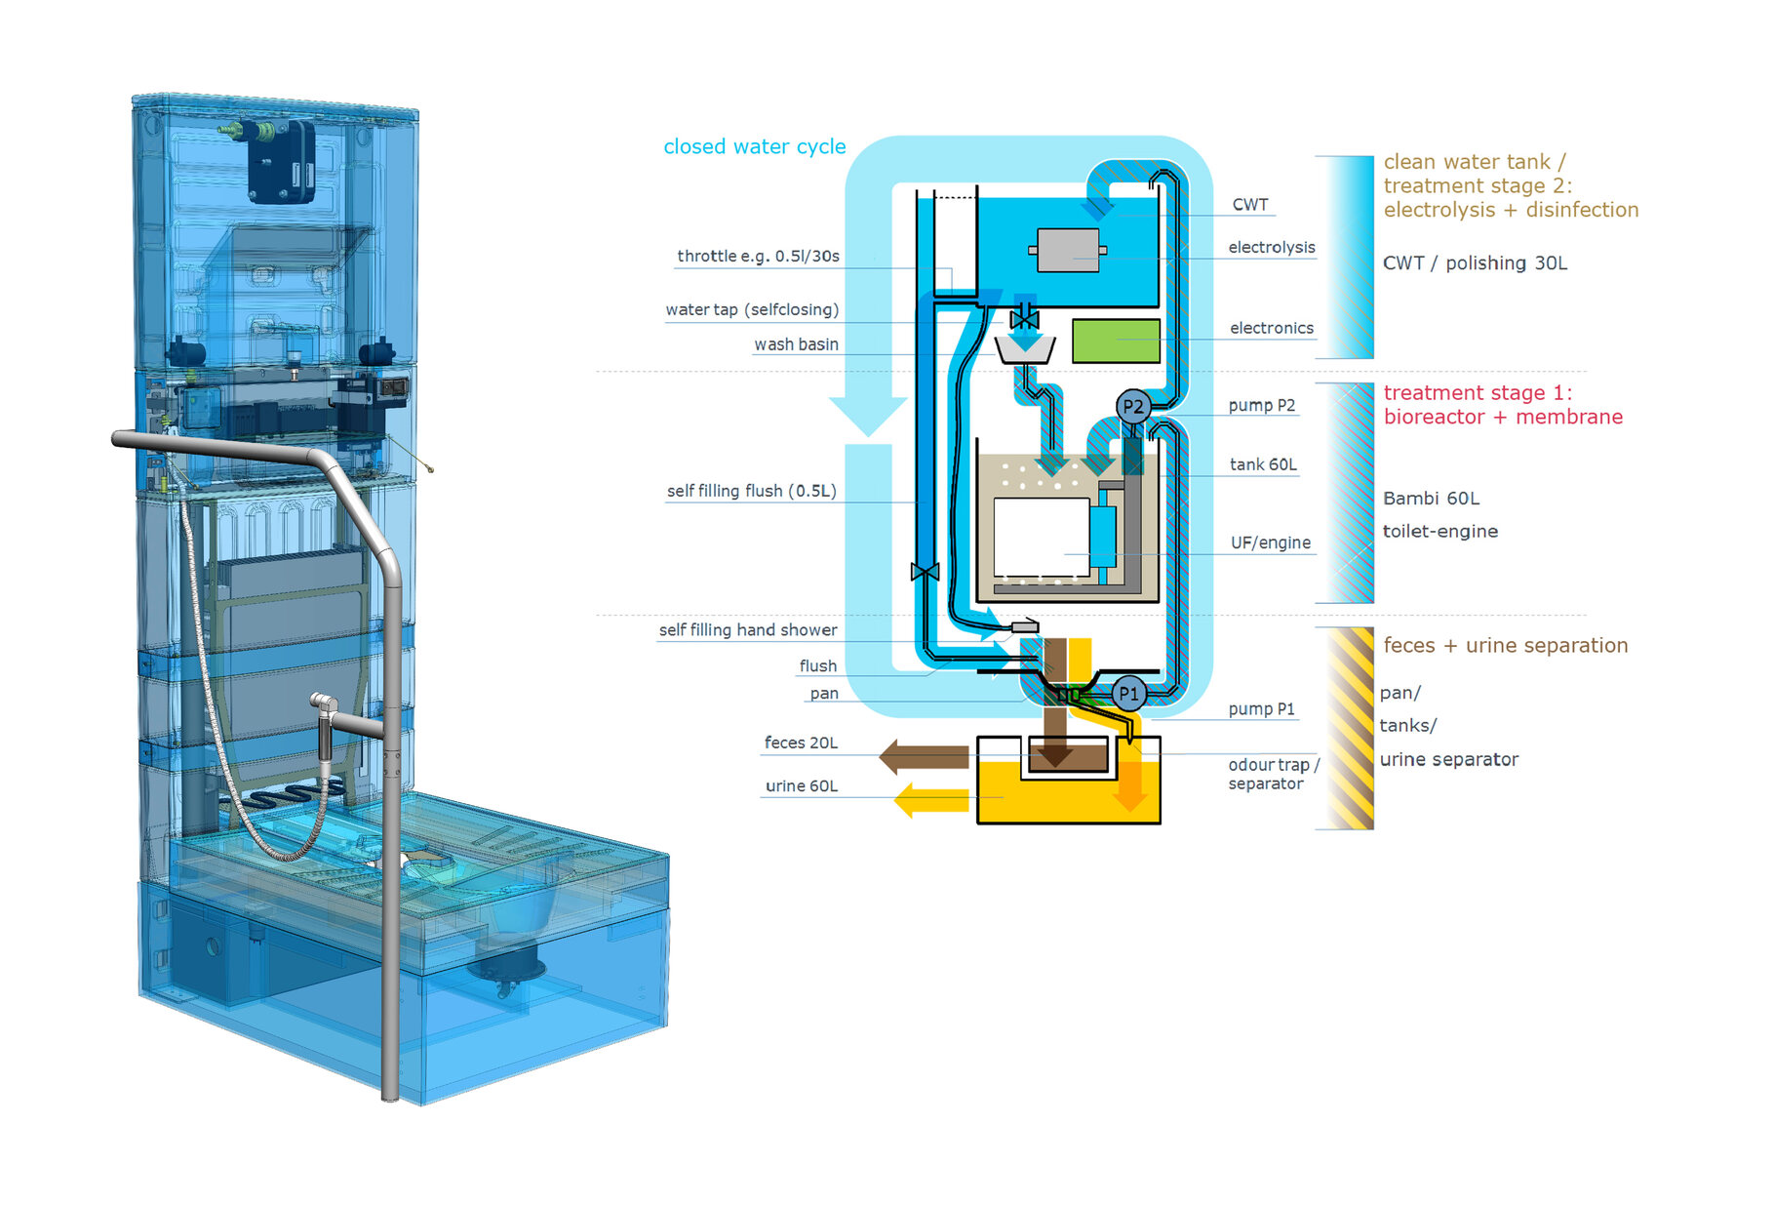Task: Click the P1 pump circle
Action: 1128,694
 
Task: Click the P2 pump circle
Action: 1132,407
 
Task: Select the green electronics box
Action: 1116,341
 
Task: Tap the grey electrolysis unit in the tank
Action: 1067,250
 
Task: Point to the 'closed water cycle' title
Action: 754,146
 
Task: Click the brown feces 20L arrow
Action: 923,756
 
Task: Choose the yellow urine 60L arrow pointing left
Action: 931,800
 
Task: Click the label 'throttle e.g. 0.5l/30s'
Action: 758,256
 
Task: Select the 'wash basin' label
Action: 796,344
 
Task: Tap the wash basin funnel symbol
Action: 1024,349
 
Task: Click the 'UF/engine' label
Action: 1270,542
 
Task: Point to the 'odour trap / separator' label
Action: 1272,774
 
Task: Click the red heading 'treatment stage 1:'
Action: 1477,392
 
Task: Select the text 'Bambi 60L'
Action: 1431,499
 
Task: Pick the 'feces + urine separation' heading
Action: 1505,645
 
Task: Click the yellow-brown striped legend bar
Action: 1350,728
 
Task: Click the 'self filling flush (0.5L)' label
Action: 751,491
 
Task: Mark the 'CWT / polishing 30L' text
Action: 1475,262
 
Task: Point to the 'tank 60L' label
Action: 1263,464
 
